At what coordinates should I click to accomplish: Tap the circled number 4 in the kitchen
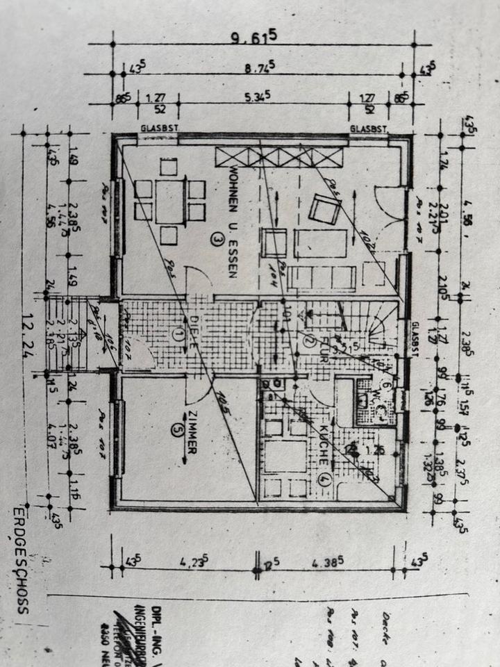point(323,479)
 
